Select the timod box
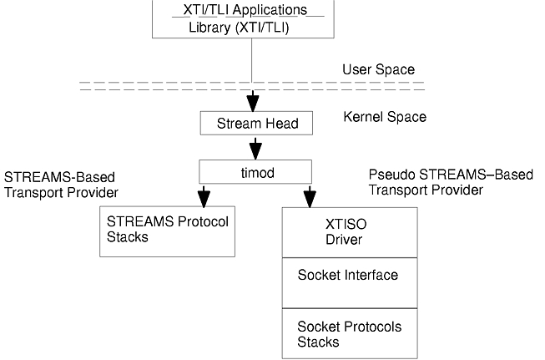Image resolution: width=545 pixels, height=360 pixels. pos(255,172)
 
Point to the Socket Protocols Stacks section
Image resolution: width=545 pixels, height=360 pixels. pos(349,334)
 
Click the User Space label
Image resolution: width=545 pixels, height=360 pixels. pos(378,69)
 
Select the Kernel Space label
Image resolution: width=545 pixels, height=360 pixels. pos(385,117)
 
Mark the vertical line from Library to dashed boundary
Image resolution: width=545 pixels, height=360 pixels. pos(251,58)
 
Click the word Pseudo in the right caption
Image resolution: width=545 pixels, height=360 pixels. pos(391,175)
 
